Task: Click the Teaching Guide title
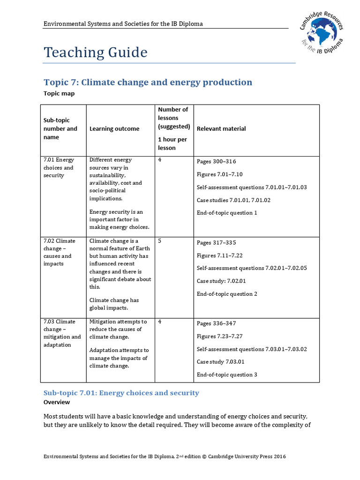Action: (x=95, y=52)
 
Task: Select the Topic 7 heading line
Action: (x=148, y=82)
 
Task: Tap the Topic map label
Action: (x=59, y=93)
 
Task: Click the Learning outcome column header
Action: (x=114, y=129)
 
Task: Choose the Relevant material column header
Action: (x=221, y=129)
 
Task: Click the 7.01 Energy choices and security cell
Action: (x=59, y=168)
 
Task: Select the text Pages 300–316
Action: (x=217, y=162)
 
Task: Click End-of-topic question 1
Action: (x=227, y=213)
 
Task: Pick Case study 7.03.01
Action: (x=220, y=362)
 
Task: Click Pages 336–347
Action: (x=217, y=324)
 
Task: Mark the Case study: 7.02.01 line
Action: (x=221, y=281)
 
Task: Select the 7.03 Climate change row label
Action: (x=62, y=333)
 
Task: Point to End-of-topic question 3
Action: (x=227, y=375)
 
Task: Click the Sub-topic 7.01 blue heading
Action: (x=121, y=393)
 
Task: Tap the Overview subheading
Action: (x=57, y=402)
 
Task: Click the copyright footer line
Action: (x=165, y=457)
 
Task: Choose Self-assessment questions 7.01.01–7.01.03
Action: (x=252, y=187)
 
